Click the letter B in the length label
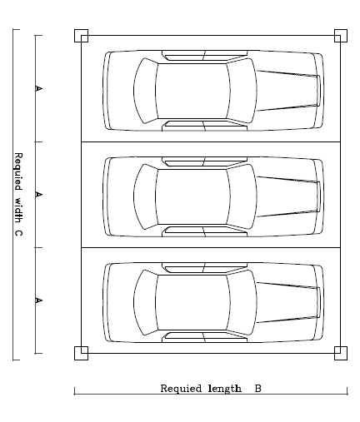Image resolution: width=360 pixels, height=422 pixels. [258, 389]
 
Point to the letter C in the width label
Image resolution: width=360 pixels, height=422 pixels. [17, 233]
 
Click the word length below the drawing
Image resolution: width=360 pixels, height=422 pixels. [225, 389]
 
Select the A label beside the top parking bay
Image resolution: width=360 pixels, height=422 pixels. [39, 89]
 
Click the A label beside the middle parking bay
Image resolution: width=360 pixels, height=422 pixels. [39, 195]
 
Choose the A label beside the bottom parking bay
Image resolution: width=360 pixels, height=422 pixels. [39, 300]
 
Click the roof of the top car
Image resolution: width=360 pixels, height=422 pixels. [192, 91]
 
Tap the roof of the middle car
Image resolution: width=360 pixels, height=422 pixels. [192, 196]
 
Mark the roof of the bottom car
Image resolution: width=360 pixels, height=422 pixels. [192, 303]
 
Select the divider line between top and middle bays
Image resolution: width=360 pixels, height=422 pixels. [211, 141]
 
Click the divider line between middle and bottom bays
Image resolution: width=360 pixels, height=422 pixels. [211, 247]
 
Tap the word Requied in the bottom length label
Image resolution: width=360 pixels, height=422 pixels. [181, 389]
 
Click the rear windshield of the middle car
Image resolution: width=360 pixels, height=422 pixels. [145, 196]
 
